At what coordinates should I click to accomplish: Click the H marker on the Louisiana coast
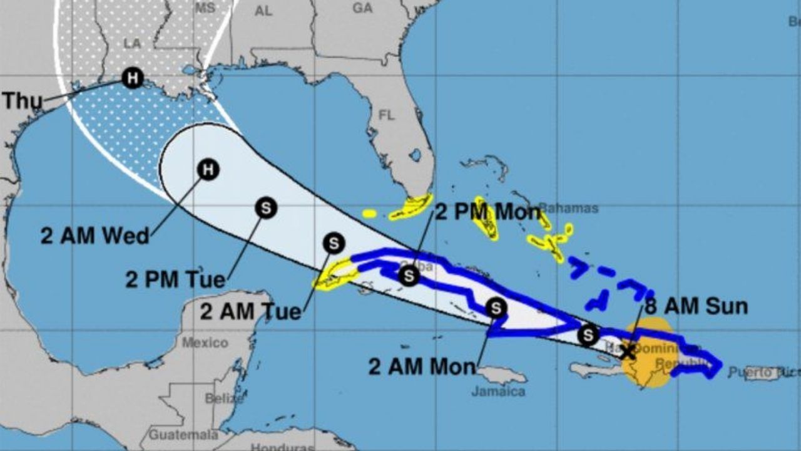(x=132, y=78)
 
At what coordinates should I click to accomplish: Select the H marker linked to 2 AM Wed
(x=208, y=169)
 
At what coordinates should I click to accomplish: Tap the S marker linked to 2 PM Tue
(x=266, y=208)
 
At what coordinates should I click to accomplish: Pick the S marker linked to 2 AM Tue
(x=334, y=243)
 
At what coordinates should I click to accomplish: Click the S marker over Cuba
(x=409, y=275)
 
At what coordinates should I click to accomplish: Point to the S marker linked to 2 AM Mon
(x=496, y=308)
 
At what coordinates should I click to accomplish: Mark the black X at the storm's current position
(x=626, y=351)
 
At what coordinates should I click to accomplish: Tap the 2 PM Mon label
(x=487, y=212)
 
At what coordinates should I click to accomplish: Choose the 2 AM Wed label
(x=95, y=236)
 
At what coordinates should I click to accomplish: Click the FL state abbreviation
(x=388, y=115)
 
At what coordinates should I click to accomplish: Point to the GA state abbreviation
(x=362, y=8)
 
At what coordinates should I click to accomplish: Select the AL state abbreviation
(x=264, y=11)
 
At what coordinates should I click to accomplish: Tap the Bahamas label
(x=568, y=208)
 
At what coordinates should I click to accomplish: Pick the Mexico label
(x=205, y=343)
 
